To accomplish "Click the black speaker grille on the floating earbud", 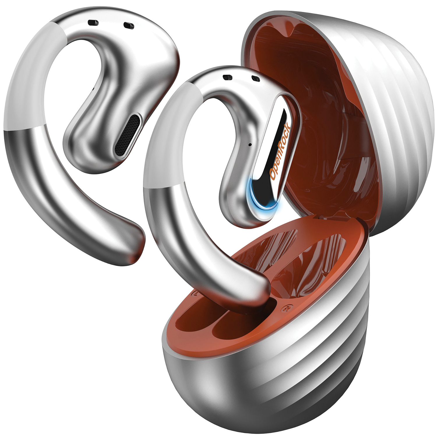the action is pyautogui.click(x=128, y=135).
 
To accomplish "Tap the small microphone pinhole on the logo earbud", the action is pyautogui.click(x=250, y=144).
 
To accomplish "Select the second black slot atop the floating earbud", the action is pyautogui.click(x=128, y=26).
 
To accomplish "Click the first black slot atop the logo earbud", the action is pyautogui.click(x=227, y=77).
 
